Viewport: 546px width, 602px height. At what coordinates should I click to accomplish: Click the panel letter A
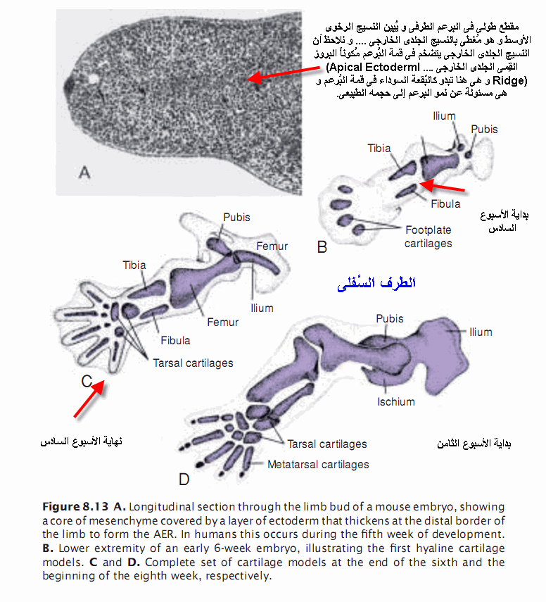click(x=84, y=171)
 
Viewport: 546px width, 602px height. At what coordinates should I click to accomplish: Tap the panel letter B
click(x=322, y=247)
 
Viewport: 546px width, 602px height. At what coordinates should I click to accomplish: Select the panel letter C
click(x=87, y=381)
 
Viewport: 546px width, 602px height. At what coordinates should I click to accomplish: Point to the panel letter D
click(x=184, y=479)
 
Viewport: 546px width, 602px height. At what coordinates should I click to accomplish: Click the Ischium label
click(x=395, y=402)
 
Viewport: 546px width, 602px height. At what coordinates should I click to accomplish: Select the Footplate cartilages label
click(x=428, y=237)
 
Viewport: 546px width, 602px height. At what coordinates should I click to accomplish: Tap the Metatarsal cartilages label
click(x=318, y=465)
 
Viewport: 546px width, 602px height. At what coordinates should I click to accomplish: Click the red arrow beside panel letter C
click(x=89, y=401)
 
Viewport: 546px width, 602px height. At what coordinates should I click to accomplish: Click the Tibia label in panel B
click(x=379, y=149)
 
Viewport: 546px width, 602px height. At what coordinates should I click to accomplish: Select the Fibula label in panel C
click(x=175, y=340)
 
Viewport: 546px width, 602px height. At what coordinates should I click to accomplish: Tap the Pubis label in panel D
click(x=389, y=319)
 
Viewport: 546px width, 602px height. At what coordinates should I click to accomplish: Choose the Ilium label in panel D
click(x=481, y=332)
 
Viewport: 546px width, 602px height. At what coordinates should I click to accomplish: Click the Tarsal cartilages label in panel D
click(x=326, y=444)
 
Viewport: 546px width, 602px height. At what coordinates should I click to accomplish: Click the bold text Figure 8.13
click(x=75, y=507)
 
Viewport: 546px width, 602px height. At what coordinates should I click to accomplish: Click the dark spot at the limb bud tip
click(x=70, y=87)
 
